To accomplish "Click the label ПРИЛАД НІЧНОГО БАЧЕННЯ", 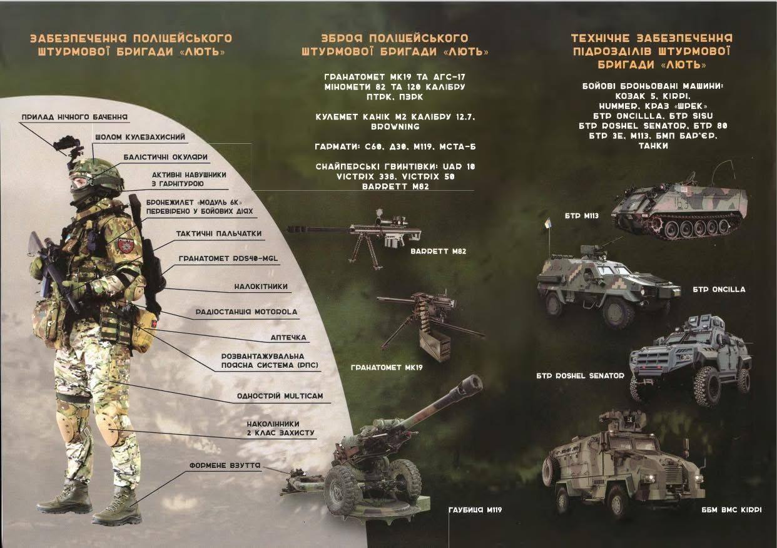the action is pos(74,117).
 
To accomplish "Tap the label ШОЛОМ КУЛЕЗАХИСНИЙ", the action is pos(140,137).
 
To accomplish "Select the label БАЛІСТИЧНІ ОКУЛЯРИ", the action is pos(165,157).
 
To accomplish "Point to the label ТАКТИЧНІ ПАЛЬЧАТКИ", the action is pos(218,234).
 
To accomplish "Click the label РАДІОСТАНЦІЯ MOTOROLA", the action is pos(246,312).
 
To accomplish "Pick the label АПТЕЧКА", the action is pos(288,337).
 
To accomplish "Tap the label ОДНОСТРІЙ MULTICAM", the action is pos(280,396).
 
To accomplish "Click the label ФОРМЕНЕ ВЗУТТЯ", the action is pos(225,465).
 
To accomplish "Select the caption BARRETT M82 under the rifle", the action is pos(438,251).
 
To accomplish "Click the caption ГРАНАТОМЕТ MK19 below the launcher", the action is pos(387,367).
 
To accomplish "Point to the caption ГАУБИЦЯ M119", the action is pos(475,510).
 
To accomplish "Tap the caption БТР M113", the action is pos(582,216).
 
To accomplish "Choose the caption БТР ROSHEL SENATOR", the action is pos(580,375).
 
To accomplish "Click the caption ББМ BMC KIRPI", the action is pos(731,510).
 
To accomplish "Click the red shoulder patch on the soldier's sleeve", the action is pos(123,245).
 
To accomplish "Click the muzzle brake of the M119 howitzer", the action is pos(473,383).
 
